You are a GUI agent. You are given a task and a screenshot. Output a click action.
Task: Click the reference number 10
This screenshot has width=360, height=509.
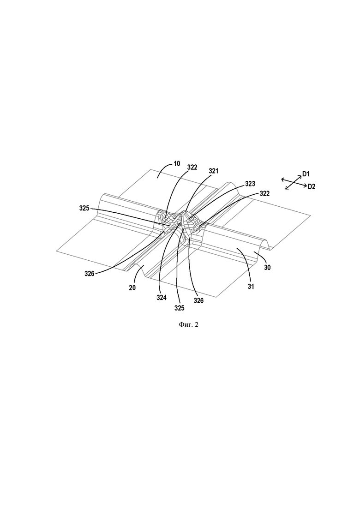177,164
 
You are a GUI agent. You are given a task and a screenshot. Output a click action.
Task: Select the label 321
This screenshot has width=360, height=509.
213,171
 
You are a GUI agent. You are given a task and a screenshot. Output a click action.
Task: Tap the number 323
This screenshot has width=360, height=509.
250,184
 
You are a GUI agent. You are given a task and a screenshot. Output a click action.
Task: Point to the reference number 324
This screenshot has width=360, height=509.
162,297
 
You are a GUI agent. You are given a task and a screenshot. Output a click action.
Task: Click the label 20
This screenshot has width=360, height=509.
132,287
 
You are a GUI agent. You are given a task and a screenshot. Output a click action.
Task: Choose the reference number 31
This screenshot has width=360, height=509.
251,287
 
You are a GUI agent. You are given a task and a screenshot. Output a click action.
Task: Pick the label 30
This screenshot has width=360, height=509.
267,268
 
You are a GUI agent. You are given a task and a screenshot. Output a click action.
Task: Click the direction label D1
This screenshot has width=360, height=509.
306,174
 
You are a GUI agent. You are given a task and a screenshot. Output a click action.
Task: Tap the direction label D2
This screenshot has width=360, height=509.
311,186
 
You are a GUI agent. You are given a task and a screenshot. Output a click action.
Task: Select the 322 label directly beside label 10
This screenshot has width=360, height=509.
192,168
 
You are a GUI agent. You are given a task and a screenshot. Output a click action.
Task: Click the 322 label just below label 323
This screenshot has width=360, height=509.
264,193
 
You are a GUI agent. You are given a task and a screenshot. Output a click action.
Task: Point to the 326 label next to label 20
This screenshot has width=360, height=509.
89,274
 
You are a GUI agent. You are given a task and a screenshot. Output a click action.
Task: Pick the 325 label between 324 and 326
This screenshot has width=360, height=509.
179,308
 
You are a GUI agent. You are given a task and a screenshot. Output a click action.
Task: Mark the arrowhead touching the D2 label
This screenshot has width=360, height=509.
305,186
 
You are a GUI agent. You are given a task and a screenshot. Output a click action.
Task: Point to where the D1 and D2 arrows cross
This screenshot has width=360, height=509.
294,182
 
